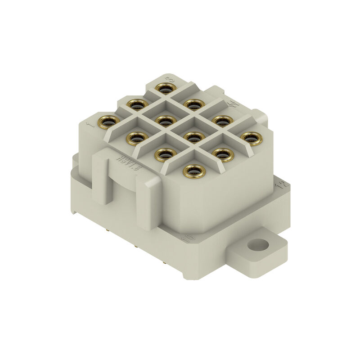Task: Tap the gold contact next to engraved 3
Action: (165, 87)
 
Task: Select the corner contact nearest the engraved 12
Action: (251, 138)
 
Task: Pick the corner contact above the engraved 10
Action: (194, 171)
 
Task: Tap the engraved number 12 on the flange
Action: (282, 184)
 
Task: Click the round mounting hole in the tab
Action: (258, 245)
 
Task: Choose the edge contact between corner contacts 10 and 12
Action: (222, 154)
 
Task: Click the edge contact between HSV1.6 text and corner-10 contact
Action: (165, 154)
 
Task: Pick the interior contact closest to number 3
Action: (165, 121)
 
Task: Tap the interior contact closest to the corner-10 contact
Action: (194, 137)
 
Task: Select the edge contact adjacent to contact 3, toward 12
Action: (194, 104)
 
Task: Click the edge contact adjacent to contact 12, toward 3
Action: (222, 121)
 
